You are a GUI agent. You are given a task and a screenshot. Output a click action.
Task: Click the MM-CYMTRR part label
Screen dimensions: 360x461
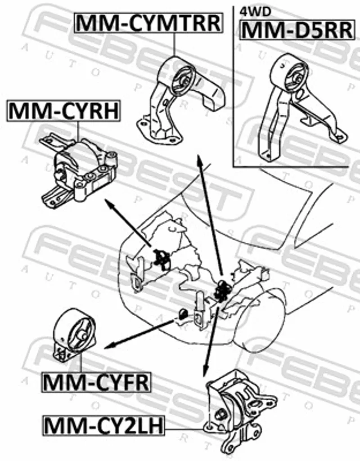click(x=148, y=23)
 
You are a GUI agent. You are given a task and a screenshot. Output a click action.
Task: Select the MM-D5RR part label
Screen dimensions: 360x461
click(x=297, y=30)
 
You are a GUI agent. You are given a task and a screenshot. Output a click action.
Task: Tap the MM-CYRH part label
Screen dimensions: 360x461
click(x=64, y=111)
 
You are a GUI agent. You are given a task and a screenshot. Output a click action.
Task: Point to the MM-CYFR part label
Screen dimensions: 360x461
click(x=96, y=382)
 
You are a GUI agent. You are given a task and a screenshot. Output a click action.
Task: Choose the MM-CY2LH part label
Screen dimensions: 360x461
click(x=103, y=425)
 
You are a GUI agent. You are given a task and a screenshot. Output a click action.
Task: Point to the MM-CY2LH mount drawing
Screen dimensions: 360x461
click(x=241, y=412)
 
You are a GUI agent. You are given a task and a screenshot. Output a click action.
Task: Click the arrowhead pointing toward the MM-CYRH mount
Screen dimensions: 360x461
click(x=110, y=204)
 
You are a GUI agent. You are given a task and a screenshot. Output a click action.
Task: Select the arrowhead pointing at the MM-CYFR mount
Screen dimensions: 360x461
click(x=110, y=346)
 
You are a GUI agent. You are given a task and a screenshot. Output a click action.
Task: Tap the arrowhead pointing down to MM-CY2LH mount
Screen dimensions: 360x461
click(x=206, y=371)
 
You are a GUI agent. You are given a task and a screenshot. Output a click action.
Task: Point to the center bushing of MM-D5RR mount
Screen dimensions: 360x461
click(x=296, y=78)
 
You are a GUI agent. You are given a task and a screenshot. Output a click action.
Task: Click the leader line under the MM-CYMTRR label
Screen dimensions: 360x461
click(x=174, y=45)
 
